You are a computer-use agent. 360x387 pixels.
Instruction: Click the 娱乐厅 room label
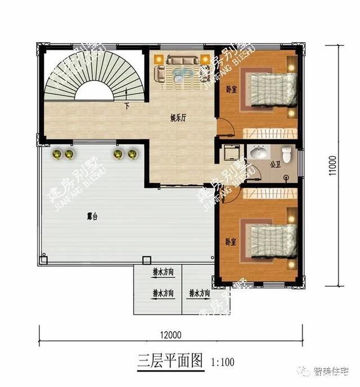tap(179, 119)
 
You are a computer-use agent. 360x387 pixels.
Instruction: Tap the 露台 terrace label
tap(92, 217)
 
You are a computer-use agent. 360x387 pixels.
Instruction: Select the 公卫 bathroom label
tap(274, 165)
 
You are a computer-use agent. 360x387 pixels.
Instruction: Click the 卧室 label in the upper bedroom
tap(231, 89)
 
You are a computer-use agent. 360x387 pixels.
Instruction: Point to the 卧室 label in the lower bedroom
tap(231, 241)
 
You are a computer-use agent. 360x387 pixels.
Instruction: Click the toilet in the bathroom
tap(287, 154)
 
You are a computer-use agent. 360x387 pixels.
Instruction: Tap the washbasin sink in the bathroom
tap(259, 152)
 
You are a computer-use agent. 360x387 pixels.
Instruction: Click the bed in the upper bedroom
tap(270, 89)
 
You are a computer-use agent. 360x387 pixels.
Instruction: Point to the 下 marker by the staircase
tap(127, 106)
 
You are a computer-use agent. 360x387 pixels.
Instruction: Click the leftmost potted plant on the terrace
tap(57, 154)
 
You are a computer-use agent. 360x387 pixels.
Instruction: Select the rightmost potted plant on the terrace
tap(132, 154)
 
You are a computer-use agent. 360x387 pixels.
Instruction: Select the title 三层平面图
tap(170, 361)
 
